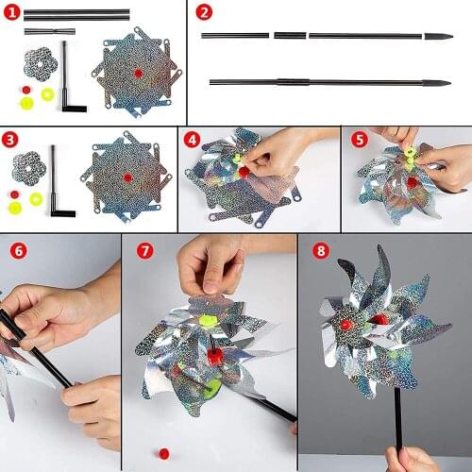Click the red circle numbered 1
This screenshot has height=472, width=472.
point(12,13)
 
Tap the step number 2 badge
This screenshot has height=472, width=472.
point(205,13)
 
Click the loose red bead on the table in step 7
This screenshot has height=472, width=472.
point(164,453)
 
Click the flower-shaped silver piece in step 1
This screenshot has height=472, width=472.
point(39,62)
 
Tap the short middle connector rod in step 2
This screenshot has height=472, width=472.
point(290,36)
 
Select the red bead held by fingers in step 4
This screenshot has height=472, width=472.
point(243,172)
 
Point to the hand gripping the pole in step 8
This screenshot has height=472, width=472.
point(408,459)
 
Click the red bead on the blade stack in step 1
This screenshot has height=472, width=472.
point(138,73)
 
